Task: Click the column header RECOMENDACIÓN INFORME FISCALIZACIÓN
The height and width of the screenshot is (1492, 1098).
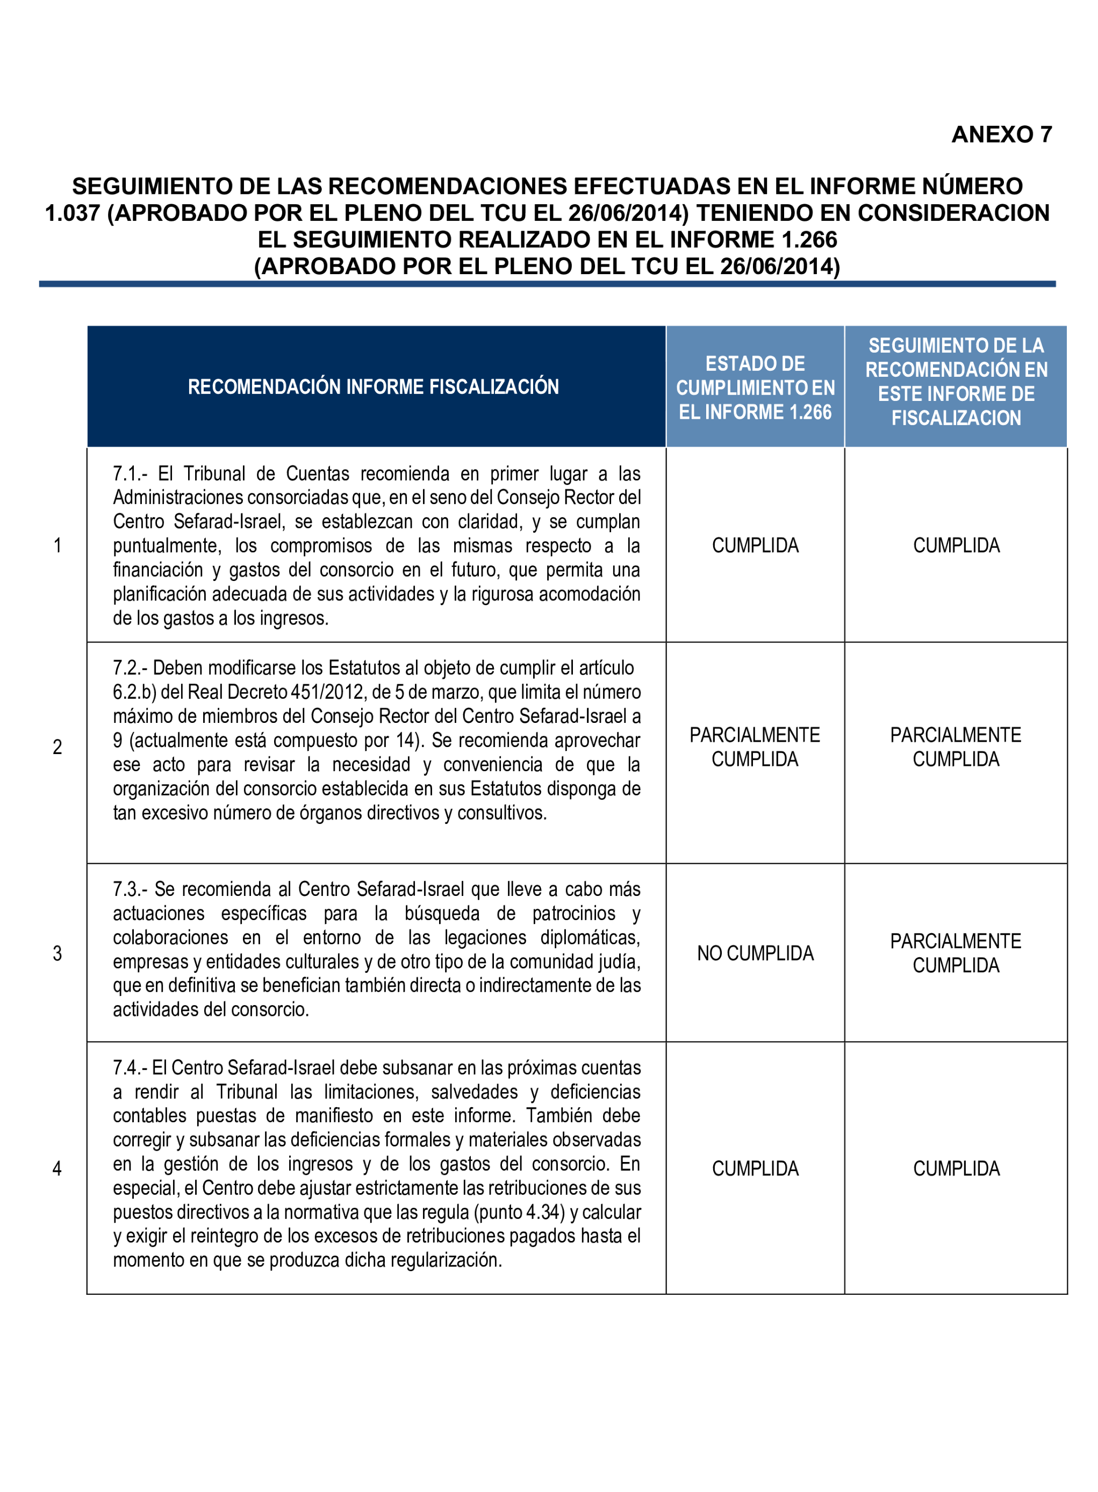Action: pos(373,387)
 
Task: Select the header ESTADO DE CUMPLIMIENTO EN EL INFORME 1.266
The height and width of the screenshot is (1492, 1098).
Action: pos(755,388)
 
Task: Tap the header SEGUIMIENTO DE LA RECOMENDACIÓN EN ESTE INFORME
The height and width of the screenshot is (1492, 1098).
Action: pos(956,382)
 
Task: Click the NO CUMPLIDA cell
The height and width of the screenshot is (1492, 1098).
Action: pos(755,953)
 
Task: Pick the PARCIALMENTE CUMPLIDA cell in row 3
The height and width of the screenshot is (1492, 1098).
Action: pos(956,953)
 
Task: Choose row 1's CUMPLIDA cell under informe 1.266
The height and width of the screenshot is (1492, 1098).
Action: pos(755,546)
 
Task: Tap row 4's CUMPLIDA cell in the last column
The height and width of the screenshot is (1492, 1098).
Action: pos(956,1168)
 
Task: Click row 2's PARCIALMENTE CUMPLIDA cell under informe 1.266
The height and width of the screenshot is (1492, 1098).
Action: pos(755,747)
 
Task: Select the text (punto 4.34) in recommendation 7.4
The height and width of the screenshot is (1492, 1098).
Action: pos(519,1212)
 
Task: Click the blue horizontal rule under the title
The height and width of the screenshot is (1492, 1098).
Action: pos(547,284)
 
